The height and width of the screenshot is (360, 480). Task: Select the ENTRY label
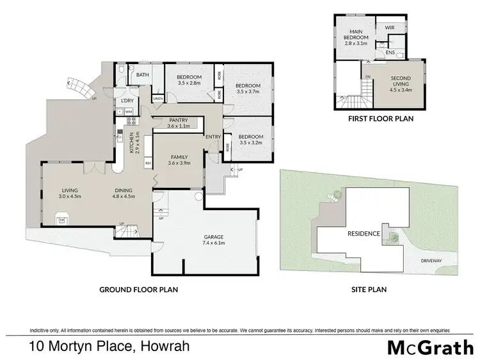(x=212, y=136)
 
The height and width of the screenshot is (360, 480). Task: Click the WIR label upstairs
(x=389, y=28)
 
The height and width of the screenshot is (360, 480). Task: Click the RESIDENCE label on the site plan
(x=363, y=234)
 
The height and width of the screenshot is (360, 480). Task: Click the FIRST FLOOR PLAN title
(x=380, y=119)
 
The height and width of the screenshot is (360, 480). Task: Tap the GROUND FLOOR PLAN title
(x=138, y=289)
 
